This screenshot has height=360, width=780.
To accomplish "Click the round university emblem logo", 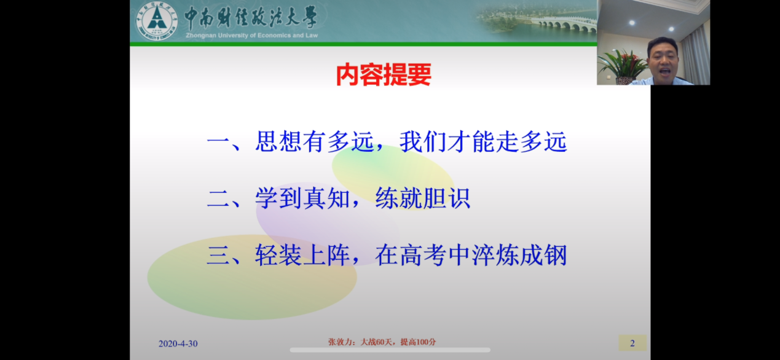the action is point(157,21).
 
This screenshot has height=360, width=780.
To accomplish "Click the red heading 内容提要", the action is point(384,74).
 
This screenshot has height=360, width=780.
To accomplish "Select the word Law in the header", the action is point(312,35).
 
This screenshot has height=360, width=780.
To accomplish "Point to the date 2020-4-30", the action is point(178,343).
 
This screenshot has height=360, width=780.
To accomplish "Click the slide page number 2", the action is point(632,343).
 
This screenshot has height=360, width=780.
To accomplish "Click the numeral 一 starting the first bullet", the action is point(218,142).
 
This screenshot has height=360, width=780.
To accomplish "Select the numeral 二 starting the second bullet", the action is point(218,199).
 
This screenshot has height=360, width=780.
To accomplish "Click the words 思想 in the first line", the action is point(278,141).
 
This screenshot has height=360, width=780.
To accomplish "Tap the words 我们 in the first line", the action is point(423,141).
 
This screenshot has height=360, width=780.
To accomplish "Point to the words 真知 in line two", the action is point(326,198).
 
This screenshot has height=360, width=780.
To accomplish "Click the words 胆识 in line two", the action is point(447,198).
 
